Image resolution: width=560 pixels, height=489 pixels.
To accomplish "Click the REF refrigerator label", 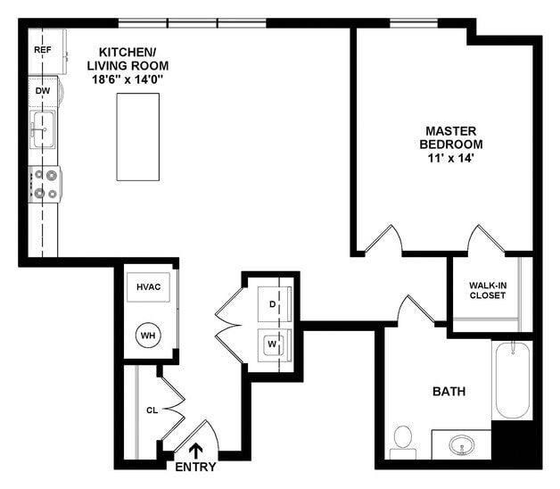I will (42, 50).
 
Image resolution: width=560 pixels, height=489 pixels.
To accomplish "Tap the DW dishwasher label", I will (42, 91).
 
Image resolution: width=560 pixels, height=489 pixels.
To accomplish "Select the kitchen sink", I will (42, 130).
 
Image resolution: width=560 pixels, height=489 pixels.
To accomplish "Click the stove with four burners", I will (45, 184).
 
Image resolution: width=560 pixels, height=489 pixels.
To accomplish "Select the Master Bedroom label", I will (453, 137).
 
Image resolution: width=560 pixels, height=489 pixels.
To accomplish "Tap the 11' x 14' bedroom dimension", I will (453, 158).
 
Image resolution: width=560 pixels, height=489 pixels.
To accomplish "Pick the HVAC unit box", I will (148, 287).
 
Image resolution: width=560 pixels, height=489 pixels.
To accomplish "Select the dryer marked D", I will (271, 303).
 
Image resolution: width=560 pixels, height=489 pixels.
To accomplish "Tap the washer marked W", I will (271, 343).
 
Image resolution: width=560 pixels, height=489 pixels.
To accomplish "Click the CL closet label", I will (152, 411).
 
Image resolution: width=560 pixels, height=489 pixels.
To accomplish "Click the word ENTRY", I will (195, 467).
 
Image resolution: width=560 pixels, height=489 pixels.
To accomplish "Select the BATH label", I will (449, 391).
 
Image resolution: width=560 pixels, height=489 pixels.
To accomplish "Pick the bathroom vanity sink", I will (462, 444).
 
